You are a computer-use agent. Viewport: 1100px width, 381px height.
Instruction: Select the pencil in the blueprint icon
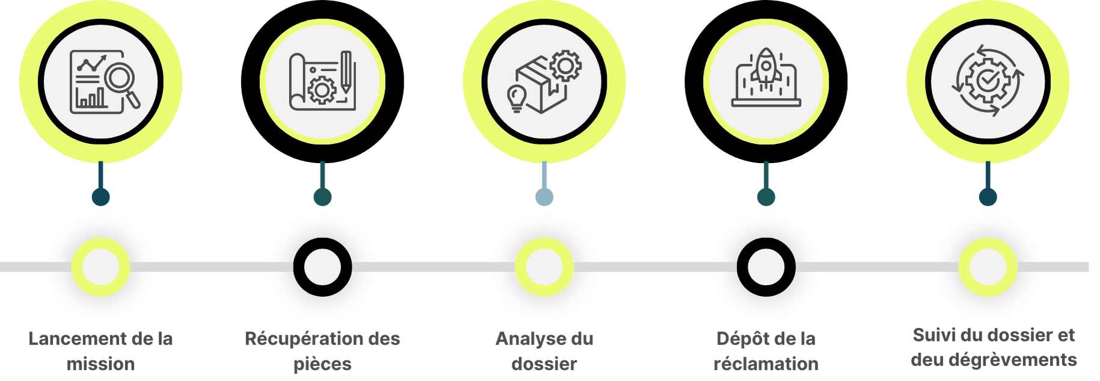tap(346, 72)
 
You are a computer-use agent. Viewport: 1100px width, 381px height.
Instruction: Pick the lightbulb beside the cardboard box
tap(517, 97)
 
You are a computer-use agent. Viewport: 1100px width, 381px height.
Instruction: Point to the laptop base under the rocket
tap(766, 103)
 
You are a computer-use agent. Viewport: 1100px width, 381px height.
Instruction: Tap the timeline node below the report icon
tap(100, 267)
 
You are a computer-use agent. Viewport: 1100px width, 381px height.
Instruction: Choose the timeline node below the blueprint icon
tap(322, 267)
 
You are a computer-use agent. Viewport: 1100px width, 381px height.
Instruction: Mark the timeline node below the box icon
tap(544, 267)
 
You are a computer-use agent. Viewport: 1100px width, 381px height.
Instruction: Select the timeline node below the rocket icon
tap(766, 267)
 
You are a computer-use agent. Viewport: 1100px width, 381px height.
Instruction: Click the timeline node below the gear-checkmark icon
tap(988, 267)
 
